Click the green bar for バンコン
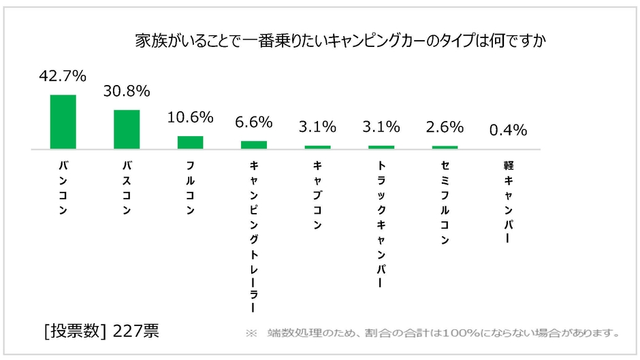[63, 121]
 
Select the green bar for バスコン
[127, 129]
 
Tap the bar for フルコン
[190, 142]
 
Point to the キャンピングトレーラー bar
[254, 144]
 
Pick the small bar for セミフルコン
[445, 147]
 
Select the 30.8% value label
[127, 92]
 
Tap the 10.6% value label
[190, 117]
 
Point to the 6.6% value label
[254, 122]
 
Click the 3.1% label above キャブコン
[317, 127]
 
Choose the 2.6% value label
[445, 127]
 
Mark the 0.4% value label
[509, 131]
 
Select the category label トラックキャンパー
[381, 225]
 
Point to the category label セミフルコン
[445, 203]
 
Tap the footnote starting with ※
[433, 333]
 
